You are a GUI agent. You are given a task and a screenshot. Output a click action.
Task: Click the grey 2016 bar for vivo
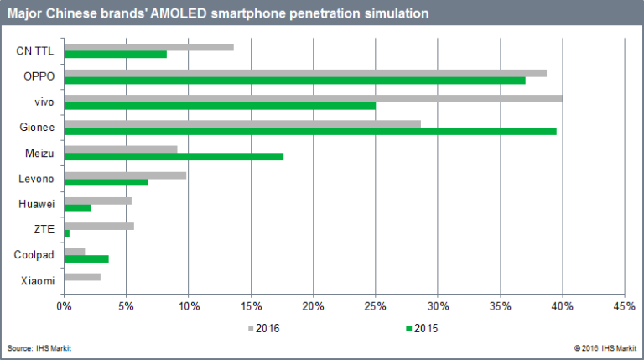click(x=312, y=98)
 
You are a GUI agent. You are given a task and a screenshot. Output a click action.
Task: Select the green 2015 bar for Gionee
click(x=309, y=131)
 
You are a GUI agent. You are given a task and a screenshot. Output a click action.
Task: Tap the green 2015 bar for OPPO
click(x=294, y=81)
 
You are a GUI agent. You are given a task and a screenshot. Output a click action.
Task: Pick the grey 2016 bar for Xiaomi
click(x=81, y=277)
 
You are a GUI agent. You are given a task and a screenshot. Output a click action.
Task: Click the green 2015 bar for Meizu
click(x=173, y=156)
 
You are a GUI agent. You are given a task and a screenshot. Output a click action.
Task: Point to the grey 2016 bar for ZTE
click(x=98, y=226)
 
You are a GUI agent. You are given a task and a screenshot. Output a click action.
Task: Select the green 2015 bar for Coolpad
click(x=86, y=258)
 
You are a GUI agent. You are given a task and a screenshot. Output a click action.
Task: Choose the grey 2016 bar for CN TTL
click(x=148, y=47)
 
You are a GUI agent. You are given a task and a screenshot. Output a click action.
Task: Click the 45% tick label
click(x=625, y=307)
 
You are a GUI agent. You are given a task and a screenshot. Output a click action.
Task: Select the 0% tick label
click(x=64, y=307)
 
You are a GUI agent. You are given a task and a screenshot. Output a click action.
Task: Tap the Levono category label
click(x=36, y=178)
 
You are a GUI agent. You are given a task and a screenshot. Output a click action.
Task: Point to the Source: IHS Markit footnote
click(x=39, y=347)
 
